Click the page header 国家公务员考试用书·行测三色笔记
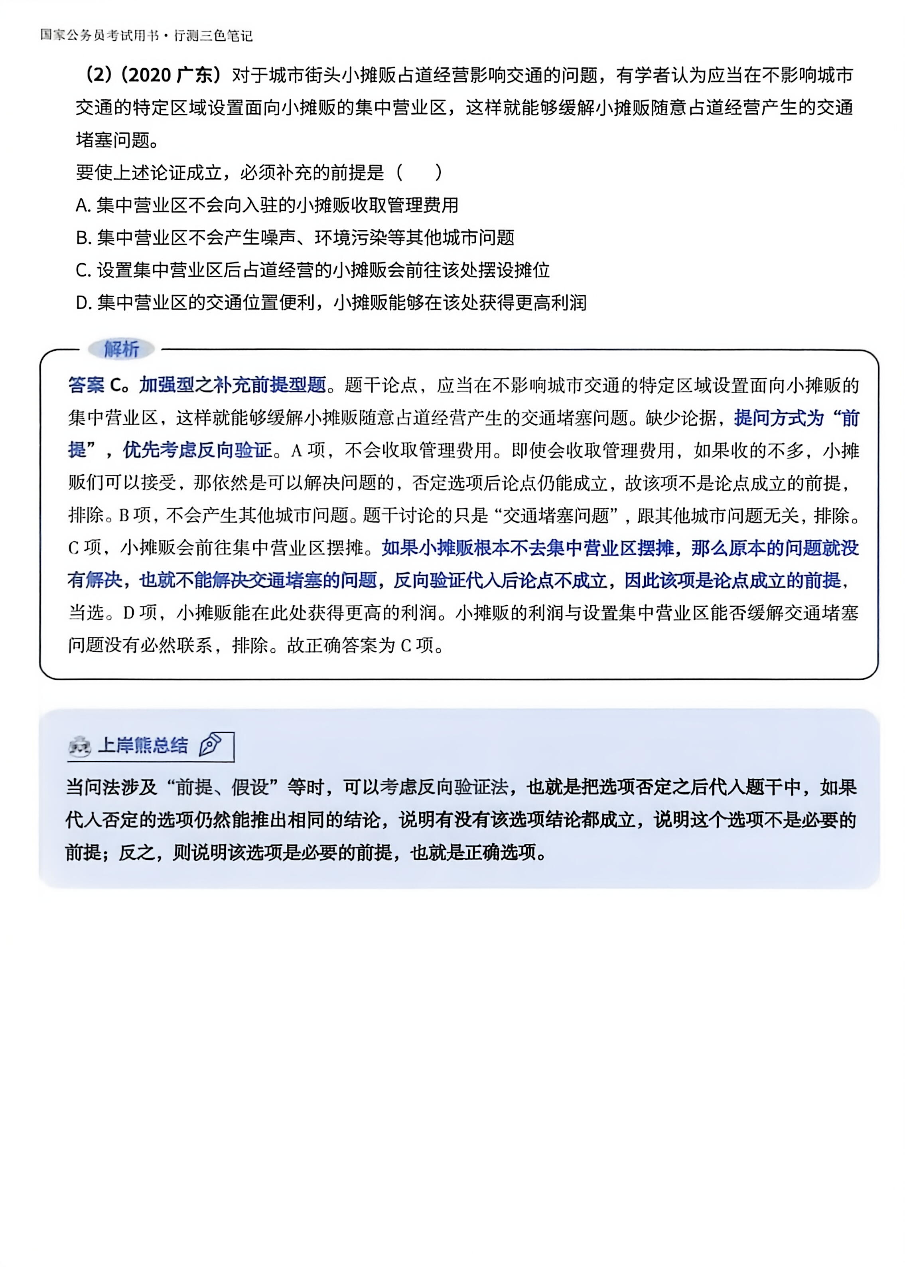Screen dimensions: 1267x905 146,35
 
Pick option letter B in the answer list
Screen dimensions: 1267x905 83,238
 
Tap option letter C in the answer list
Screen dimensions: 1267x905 83,271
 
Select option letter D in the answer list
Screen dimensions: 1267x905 83,303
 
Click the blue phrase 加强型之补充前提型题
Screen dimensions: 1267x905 233,385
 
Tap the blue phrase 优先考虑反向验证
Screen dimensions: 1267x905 198,450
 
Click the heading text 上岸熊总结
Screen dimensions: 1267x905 143,745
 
